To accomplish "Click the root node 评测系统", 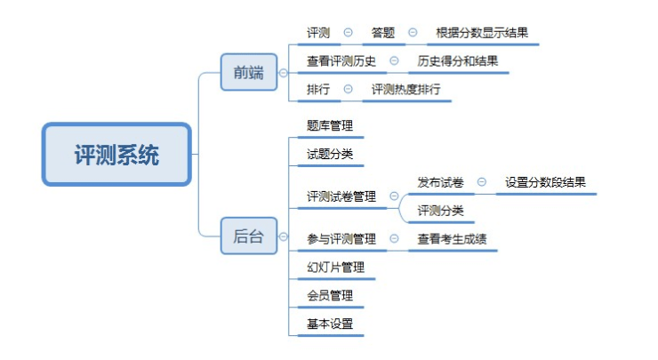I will coord(116,155).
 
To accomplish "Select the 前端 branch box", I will coord(249,73).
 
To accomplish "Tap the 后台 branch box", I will coord(248,236).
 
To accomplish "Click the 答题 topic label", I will coord(384,33).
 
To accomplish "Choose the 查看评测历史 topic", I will coord(341,61).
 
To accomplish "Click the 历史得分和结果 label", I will coord(458,61).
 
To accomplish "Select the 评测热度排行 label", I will coord(405,89).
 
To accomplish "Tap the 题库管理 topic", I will coord(329,126).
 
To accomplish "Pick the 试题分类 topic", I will coord(329,155).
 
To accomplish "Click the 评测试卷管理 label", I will coord(341,196).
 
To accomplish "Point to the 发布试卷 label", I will coord(440,182).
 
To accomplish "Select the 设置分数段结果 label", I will coord(545,182).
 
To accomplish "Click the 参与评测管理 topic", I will coord(341,238).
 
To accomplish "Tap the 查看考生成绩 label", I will coord(452,238).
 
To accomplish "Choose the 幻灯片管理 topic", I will coord(335,267).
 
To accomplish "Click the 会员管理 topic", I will coord(329,295).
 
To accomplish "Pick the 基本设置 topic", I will coord(329,324).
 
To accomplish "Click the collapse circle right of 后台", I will coord(283,237).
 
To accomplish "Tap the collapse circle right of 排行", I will coord(348,89).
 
